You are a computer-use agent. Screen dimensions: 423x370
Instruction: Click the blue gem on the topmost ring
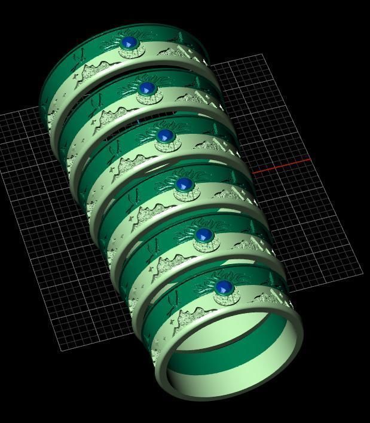point(129,44)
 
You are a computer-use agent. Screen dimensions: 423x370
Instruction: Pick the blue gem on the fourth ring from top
point(184,185)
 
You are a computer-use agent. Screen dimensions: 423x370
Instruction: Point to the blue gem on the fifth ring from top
point(204,234)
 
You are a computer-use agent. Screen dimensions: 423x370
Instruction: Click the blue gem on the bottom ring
point(223,289)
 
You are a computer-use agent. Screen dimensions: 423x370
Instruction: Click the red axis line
point(281,167)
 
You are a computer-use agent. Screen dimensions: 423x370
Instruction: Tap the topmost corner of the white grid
point(262,54)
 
